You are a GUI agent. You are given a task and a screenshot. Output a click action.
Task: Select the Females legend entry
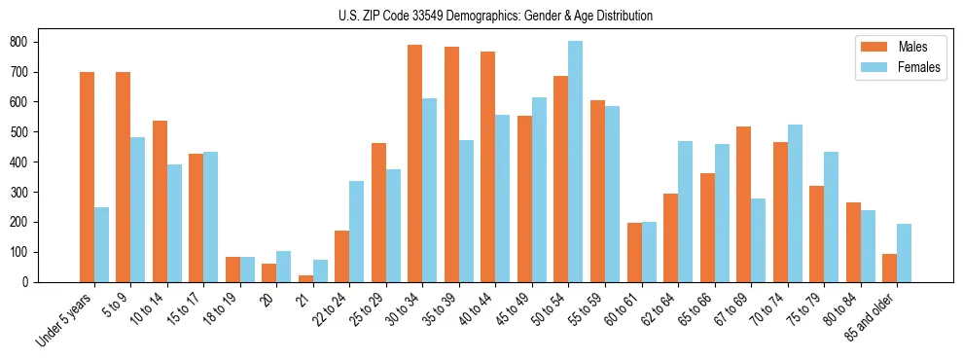coord(898,68)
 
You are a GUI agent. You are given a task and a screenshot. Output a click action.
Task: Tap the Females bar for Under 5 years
coord(101,244)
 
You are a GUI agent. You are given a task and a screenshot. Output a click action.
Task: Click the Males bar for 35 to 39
coord(451,164)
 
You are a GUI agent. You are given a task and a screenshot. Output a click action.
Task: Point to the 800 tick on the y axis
coord(38,42)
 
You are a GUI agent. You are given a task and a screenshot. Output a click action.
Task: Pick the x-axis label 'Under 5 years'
coord(65,319)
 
